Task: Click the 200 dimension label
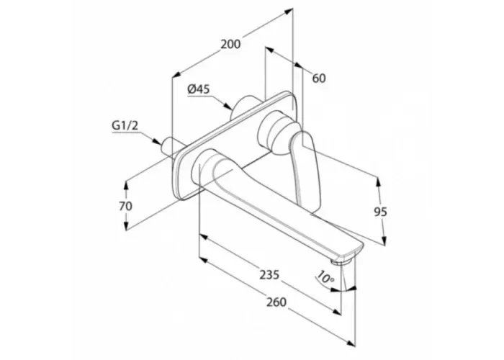(230, 44)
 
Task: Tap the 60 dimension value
(319, 78)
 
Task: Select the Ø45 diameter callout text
(199, 89)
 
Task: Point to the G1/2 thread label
(125, 126)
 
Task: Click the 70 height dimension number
(125, 206)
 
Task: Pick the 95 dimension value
(381, 212)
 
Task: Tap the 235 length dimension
(269, 275)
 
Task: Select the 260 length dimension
(276, 302)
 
